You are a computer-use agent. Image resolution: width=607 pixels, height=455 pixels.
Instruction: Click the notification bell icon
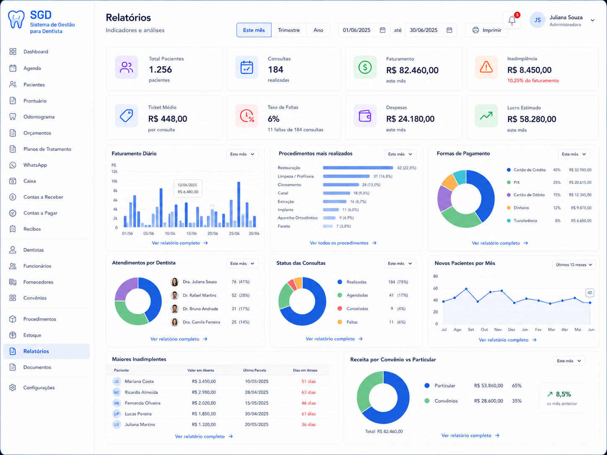pyautogui.click(x=512, y=20)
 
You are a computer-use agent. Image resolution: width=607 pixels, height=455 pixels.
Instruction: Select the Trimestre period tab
pyautogui.click(x=289, y=30)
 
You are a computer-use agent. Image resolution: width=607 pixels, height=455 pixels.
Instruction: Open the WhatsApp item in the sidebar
pyautogui.click(x=35, y=165)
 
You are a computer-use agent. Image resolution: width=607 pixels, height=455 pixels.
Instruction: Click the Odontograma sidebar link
pyautogui.click(x=39, y=117)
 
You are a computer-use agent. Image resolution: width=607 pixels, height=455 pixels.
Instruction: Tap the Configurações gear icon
pyautogui.click(x=13, y=388)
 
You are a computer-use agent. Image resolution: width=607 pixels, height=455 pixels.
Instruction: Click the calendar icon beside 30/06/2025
pyautogui.click(x=449, y=30)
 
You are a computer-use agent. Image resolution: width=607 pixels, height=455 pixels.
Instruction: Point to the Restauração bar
pyautogui.click(x=358, y=168)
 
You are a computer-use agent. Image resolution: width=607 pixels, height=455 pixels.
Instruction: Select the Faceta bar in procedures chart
pyautogui.click(x=328, y=226)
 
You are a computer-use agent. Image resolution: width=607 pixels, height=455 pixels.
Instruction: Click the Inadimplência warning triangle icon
pyautogui.click(x=486, y=67)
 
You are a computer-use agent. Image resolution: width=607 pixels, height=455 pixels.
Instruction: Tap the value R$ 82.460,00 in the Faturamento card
pyautogui.click(x=412, y=70)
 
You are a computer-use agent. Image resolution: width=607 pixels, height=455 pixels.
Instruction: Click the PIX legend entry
pyautogui.click(x=516, y=182)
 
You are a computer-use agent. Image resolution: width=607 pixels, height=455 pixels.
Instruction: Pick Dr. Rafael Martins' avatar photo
pyautogui.click(x=174, y=295)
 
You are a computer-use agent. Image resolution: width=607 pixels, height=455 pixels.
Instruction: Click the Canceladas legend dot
pyautogui.click(x=340, y=309)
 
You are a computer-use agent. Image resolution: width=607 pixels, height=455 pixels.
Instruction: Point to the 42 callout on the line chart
pyautogui.click(x=590, y=293)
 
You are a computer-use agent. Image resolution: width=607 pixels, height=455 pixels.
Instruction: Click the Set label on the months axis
pyautogui.click(x=471, y=330)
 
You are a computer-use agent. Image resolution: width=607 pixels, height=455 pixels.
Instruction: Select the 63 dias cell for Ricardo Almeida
pyautogui.click(x=309, y=392)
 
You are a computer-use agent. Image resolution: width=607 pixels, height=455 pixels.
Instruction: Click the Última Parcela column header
pyautogui.click(x=254, y=370)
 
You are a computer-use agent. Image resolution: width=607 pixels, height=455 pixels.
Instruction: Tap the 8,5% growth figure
pyautogui.click(x=563, y=394)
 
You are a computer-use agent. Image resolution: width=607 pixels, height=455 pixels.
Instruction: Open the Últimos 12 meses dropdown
pyautogui.click(x=574, y=265)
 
